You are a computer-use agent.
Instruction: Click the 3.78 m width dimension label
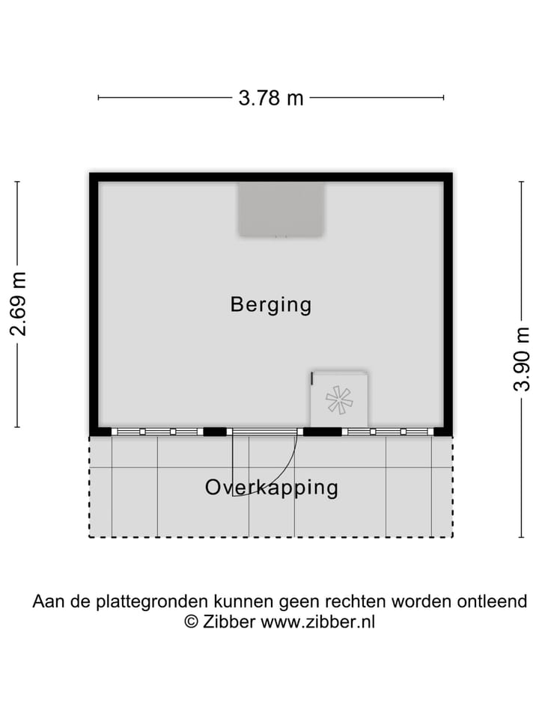pos(271,98)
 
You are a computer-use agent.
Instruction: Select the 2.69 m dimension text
pos(18,304)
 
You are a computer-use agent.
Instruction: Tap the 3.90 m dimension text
pos(522,359)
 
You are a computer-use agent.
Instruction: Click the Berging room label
pos(270,305)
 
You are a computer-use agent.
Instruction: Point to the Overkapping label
pos(271,488)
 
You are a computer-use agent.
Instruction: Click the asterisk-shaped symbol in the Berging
pos(339,400)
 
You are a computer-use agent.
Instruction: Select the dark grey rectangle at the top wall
pos(281,209)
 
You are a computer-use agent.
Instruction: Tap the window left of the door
pos(157,432)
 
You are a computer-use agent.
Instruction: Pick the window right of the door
pos(387,432)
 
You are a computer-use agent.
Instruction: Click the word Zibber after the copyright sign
pos(229,622)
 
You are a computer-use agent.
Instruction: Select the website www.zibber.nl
pos(317,622)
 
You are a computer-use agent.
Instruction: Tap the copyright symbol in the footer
pos(192,622)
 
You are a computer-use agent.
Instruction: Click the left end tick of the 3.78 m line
pos(98,97)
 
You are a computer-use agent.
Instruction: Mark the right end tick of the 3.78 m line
pos(444,97)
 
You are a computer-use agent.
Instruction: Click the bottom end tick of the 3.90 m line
pos(522,536)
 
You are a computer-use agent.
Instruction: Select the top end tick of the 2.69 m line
pos(17,182)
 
